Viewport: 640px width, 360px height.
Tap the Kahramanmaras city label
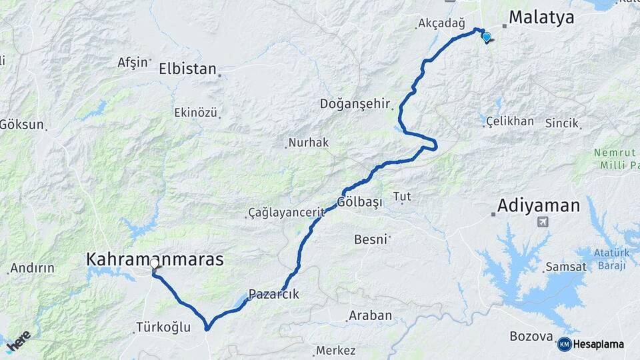(x=155, y=259)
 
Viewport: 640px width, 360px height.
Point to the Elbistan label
(x=187, y=69)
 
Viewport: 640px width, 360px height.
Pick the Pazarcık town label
(x=273, y=294)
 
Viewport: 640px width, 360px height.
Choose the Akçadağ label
(x=440, y=24)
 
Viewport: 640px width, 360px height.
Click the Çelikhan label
(x=510, y=121)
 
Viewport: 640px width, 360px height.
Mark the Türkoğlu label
(x=163, y=327)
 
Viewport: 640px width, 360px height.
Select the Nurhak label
(x=308, y=143)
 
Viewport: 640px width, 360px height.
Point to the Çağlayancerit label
(x=286, y=213)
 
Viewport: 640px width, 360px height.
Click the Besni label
(x=371, y=239)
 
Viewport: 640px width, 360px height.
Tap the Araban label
(x=370, y=315)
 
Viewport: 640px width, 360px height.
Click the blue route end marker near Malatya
(x=487, y=37)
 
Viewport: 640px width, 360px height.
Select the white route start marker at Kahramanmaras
(x=154, y=264)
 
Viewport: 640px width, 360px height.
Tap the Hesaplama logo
(x=591, y=345)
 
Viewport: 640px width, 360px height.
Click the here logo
(x=19, y=341)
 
